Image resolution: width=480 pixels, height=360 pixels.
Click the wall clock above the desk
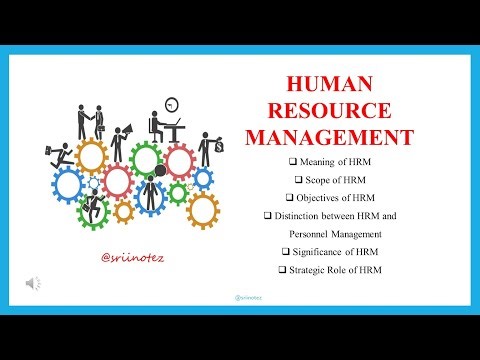click(x=172, y=103)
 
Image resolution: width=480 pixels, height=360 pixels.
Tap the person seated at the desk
click(x=160, y=127)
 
